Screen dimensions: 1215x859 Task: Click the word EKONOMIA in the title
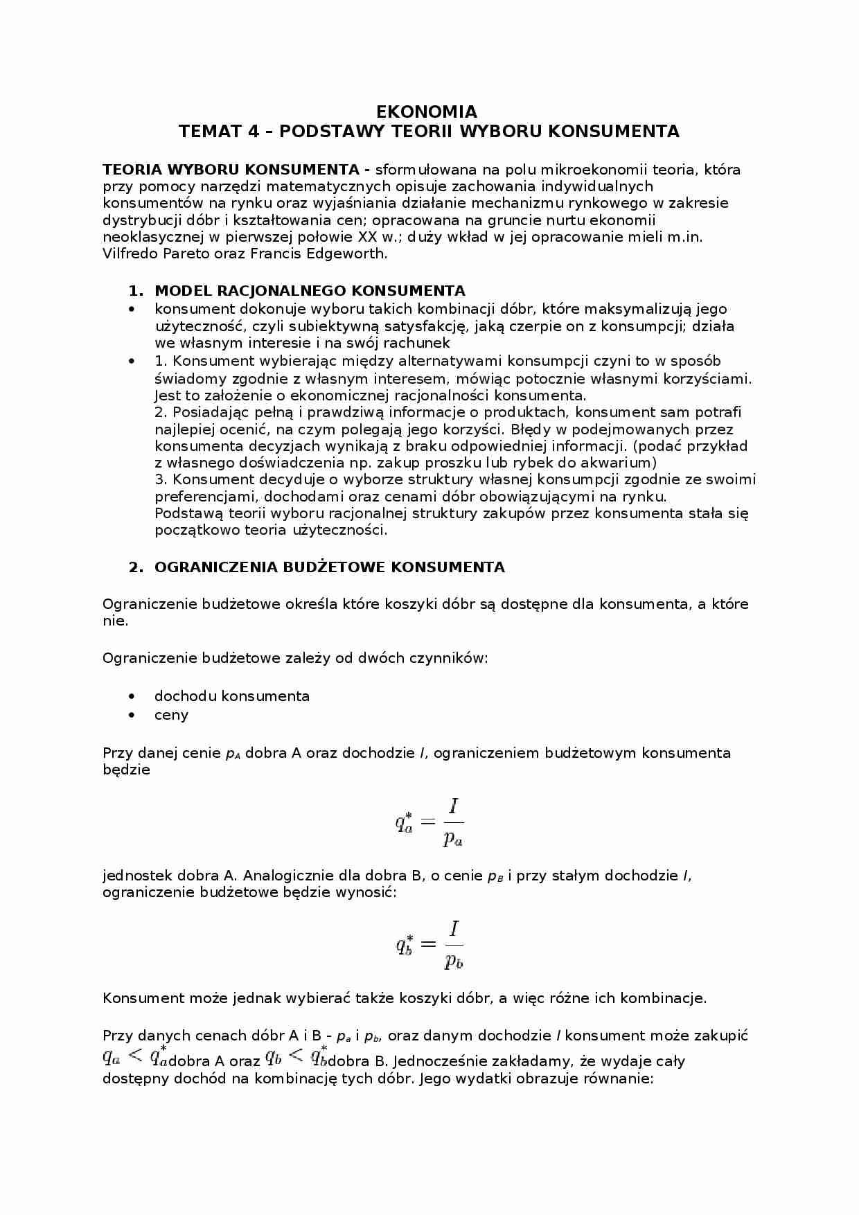point(426,112)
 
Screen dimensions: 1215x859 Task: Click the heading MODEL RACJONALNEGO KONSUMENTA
point(310,291)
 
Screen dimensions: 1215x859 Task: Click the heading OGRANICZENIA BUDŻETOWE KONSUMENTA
point(329,567)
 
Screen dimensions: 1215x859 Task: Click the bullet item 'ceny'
point(171,716)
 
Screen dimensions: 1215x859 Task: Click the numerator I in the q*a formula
point(454,806)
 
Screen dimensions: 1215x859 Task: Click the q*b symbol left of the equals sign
point(405,943)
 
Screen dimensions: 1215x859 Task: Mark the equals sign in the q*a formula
point(427,822)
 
